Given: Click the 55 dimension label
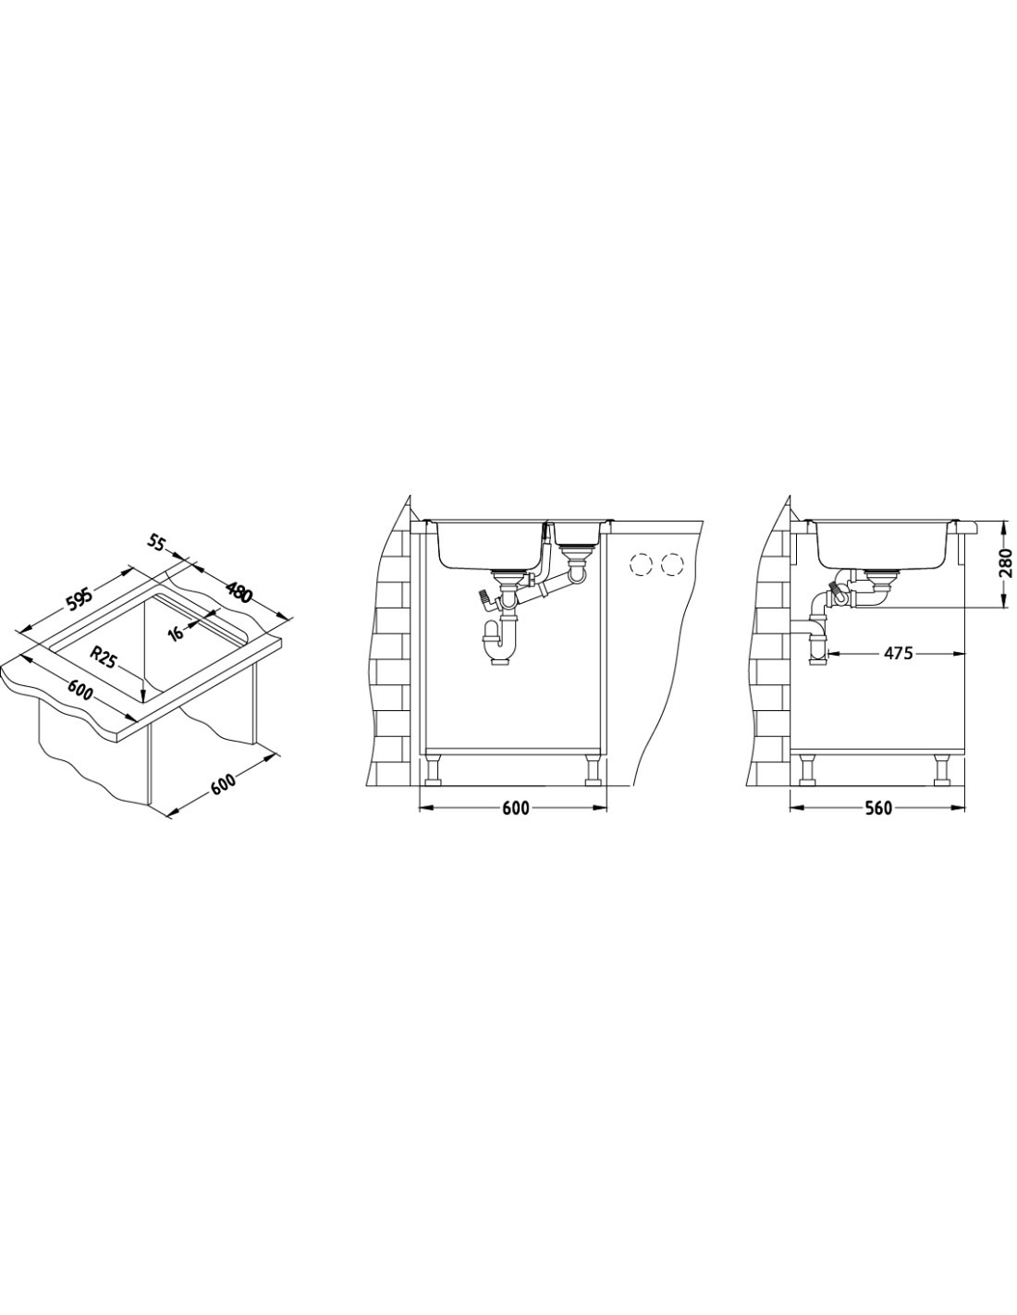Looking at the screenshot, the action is [x=156, y=544].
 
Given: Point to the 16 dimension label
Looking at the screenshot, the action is [x=176, y=633].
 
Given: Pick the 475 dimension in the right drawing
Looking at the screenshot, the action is [x=898, y=653].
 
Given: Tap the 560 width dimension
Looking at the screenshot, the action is [x=878, y=808].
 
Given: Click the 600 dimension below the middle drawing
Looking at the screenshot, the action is [x=514, y=808].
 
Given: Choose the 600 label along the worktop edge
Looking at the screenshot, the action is [x=80, y=690].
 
